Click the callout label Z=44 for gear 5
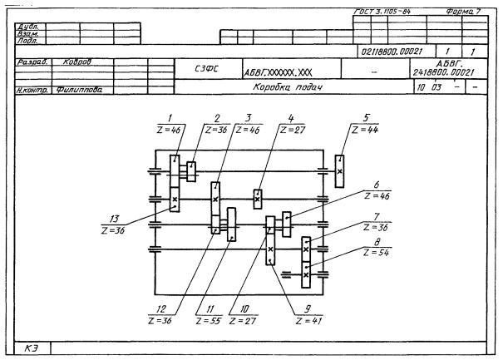click(364, 131)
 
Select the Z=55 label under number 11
click(207, 320)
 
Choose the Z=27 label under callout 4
click(291, 131)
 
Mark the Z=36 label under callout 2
click(215, 131)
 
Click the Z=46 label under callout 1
click(169, 131)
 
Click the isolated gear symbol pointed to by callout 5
click(340, 166)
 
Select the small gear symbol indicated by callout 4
click(258, 198)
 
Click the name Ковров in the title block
click(76, 62)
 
